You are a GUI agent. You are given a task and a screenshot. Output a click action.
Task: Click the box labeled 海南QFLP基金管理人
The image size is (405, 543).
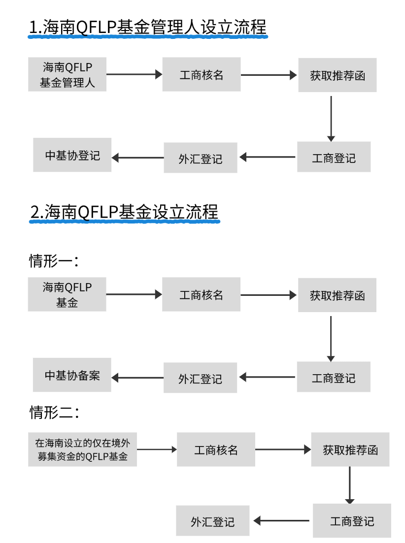[67, 75]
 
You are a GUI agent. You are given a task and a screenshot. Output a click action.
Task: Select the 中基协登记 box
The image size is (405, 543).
[72, 155]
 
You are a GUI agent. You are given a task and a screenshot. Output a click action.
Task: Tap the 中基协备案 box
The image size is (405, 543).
[72, 375]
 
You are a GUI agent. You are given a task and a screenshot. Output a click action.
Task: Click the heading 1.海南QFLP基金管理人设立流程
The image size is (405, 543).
[147, 28]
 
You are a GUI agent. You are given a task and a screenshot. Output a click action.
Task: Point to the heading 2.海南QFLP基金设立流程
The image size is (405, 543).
[124, 212]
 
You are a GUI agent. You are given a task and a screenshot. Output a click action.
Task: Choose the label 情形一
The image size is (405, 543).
[54, 261]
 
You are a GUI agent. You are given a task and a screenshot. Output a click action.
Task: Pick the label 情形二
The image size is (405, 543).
[54, 412]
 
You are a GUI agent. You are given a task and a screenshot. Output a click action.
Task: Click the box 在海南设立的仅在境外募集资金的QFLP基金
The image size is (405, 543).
[82, 449]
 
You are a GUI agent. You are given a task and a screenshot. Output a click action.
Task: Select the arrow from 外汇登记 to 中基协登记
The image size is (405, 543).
[138, 158]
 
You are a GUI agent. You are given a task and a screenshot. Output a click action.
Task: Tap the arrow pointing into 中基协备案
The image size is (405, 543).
[138, 378]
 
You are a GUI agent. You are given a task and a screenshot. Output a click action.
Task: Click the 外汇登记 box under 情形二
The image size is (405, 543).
[213, 521]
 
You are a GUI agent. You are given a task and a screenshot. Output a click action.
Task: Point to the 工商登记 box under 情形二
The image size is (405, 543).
[352, 521]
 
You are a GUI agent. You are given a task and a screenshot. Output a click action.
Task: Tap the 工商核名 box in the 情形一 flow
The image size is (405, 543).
[201, 294]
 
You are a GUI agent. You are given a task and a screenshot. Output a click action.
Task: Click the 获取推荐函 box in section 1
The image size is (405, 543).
[337, 75]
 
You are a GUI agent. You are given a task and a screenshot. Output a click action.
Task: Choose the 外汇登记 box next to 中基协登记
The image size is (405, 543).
[201, 158]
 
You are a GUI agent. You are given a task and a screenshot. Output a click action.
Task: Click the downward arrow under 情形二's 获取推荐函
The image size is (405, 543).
[349, 485]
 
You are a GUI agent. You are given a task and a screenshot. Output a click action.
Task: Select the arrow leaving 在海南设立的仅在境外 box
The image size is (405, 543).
[157, 449]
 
